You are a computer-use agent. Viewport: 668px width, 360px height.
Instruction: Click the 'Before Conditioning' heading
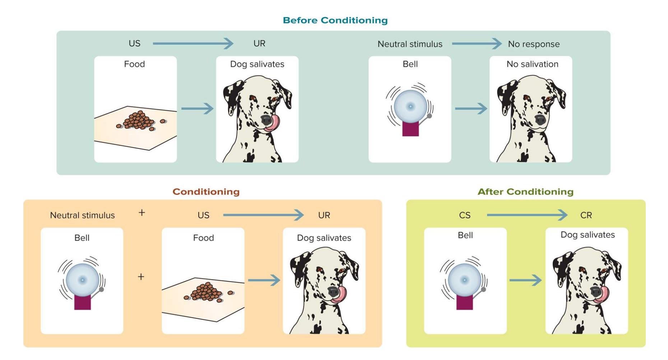point(335,20)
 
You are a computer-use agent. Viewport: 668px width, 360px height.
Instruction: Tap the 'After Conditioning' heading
point(525,191)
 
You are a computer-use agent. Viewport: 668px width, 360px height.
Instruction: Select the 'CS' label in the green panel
point(465,215)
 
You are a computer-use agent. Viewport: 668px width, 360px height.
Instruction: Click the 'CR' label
point(586,215)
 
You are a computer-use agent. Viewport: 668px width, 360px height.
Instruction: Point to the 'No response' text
point(534,44)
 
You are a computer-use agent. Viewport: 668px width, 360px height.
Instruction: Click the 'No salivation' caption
point(532,64)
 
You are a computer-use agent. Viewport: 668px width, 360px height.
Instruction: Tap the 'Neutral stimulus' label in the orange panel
point(82,215)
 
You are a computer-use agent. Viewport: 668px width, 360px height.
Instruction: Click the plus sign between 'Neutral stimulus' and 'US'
point(142,213)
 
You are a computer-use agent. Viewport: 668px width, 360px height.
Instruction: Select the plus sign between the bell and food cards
point(141,277)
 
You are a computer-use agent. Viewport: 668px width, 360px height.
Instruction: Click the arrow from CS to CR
point(527,215)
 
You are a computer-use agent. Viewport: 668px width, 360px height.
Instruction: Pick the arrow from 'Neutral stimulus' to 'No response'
point(477,43)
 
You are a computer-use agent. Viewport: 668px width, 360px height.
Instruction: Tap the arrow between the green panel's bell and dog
point(525,280)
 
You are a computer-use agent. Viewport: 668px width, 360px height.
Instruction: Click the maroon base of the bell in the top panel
point(410,128)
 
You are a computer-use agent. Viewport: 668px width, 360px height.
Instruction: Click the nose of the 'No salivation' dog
point(541,119)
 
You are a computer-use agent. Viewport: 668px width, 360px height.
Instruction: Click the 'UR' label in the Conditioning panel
point(324,215)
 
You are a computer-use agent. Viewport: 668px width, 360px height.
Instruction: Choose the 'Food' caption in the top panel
point(134,64)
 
